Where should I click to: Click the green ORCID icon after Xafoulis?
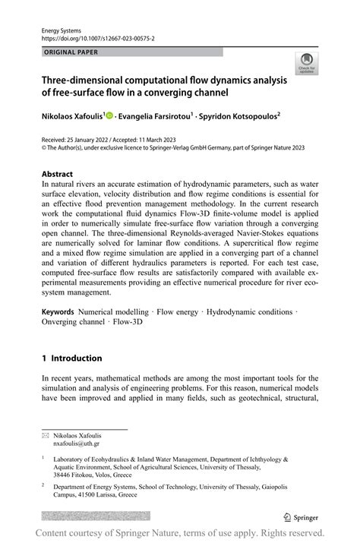point(109,115)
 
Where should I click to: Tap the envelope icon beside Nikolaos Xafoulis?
point(46,434)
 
